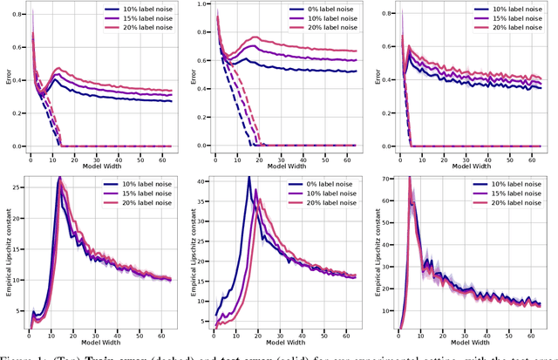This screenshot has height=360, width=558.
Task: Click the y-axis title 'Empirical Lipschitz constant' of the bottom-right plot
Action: point(372,253)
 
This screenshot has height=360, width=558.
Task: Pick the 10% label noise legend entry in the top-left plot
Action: point(138,8)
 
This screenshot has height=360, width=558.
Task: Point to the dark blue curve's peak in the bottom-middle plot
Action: point(248,178)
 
